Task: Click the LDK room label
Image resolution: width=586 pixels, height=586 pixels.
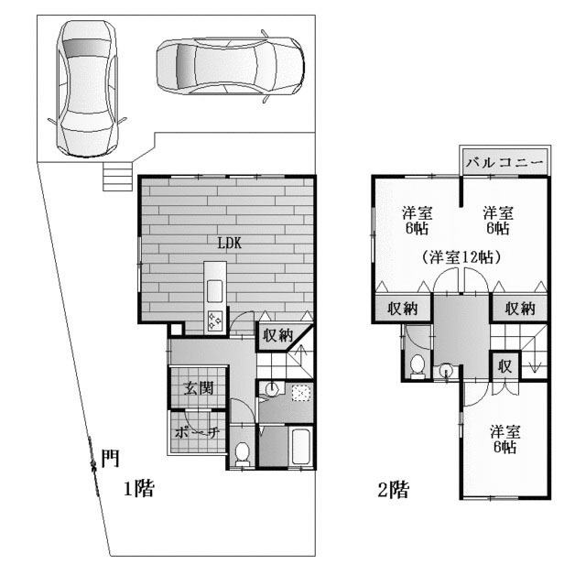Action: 230,244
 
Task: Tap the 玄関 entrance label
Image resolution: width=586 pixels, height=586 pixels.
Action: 199,388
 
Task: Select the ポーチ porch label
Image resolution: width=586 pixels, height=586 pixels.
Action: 197,433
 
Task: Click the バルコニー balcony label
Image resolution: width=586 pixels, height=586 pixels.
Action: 505,162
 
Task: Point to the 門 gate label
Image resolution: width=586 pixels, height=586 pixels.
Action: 110,458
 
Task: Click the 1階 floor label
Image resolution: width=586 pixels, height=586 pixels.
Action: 139,488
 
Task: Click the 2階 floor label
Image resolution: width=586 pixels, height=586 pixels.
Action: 394,490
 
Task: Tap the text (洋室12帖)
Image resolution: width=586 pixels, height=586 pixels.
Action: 461,257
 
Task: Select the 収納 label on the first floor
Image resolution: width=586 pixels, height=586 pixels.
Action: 277,335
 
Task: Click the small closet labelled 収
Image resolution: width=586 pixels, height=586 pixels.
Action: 505,366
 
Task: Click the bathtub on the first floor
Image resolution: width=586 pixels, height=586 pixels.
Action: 301,447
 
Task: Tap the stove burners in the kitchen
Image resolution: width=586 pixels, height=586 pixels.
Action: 214,320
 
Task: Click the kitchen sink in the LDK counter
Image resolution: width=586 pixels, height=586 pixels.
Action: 214,291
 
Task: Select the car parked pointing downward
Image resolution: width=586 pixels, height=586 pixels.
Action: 87,89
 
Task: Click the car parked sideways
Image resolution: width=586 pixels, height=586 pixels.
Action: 230,66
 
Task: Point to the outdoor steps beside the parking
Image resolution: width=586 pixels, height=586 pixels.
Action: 117,177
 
